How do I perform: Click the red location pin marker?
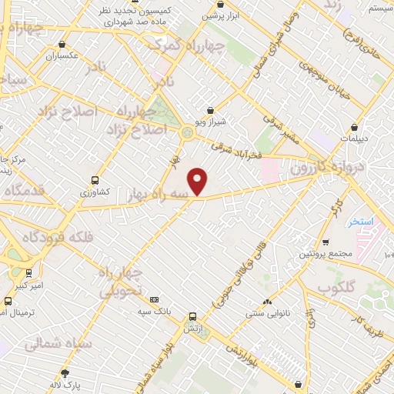(199, 181)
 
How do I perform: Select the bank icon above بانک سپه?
(155, 299)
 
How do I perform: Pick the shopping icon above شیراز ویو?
(211, 111)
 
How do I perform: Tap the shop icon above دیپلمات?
(353, 127)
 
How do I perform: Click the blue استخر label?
(359, 222)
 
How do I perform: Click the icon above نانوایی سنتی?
(267, 302)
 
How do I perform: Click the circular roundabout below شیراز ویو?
(187, 133)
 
